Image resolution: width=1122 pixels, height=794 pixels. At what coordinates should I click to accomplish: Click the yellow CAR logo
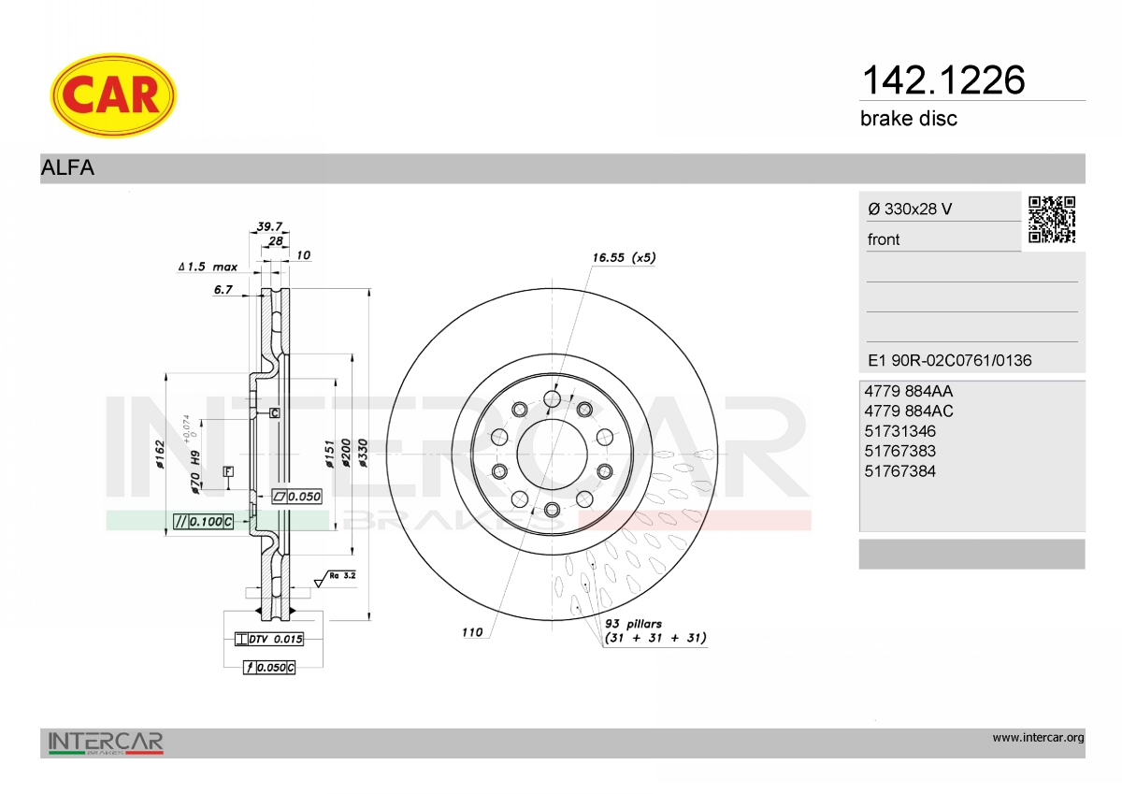113,95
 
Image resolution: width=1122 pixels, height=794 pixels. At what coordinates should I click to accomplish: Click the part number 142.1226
943,80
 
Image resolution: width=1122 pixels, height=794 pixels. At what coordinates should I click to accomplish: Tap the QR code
1052,220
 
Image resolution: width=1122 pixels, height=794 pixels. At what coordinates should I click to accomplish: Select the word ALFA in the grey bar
67,167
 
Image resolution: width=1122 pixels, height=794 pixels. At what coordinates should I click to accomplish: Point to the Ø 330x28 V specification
910,209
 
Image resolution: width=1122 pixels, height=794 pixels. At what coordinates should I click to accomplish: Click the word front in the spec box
884,239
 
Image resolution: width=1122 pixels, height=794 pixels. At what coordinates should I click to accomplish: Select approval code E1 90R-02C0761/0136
950,360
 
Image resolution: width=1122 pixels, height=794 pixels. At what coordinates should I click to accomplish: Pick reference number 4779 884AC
909,411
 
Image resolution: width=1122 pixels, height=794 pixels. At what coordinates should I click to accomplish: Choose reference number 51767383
899,451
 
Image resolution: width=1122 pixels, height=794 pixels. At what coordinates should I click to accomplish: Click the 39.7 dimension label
269,226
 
